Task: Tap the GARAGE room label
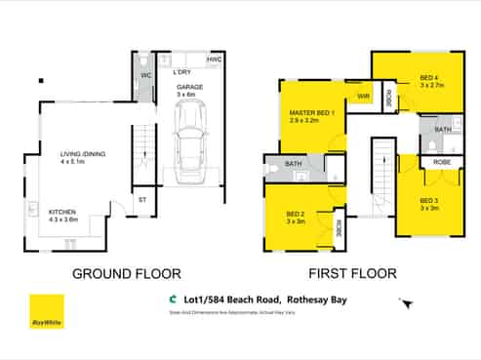click(189, 87)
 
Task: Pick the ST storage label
click(142, 203)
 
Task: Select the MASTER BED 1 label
click(311, 113)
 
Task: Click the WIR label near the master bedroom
click(362, 97)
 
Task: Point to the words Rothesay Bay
click(327, 300)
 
